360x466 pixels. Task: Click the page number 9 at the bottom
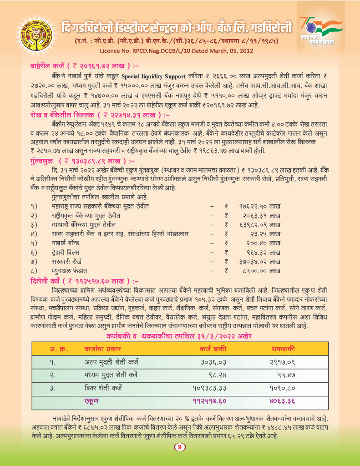pyautogui.click(x=180, y=447)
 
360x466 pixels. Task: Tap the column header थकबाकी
pyautogui.click(x=283, y=349)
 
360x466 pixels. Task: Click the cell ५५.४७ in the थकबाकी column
pyautogui.click(x=286, y=375)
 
